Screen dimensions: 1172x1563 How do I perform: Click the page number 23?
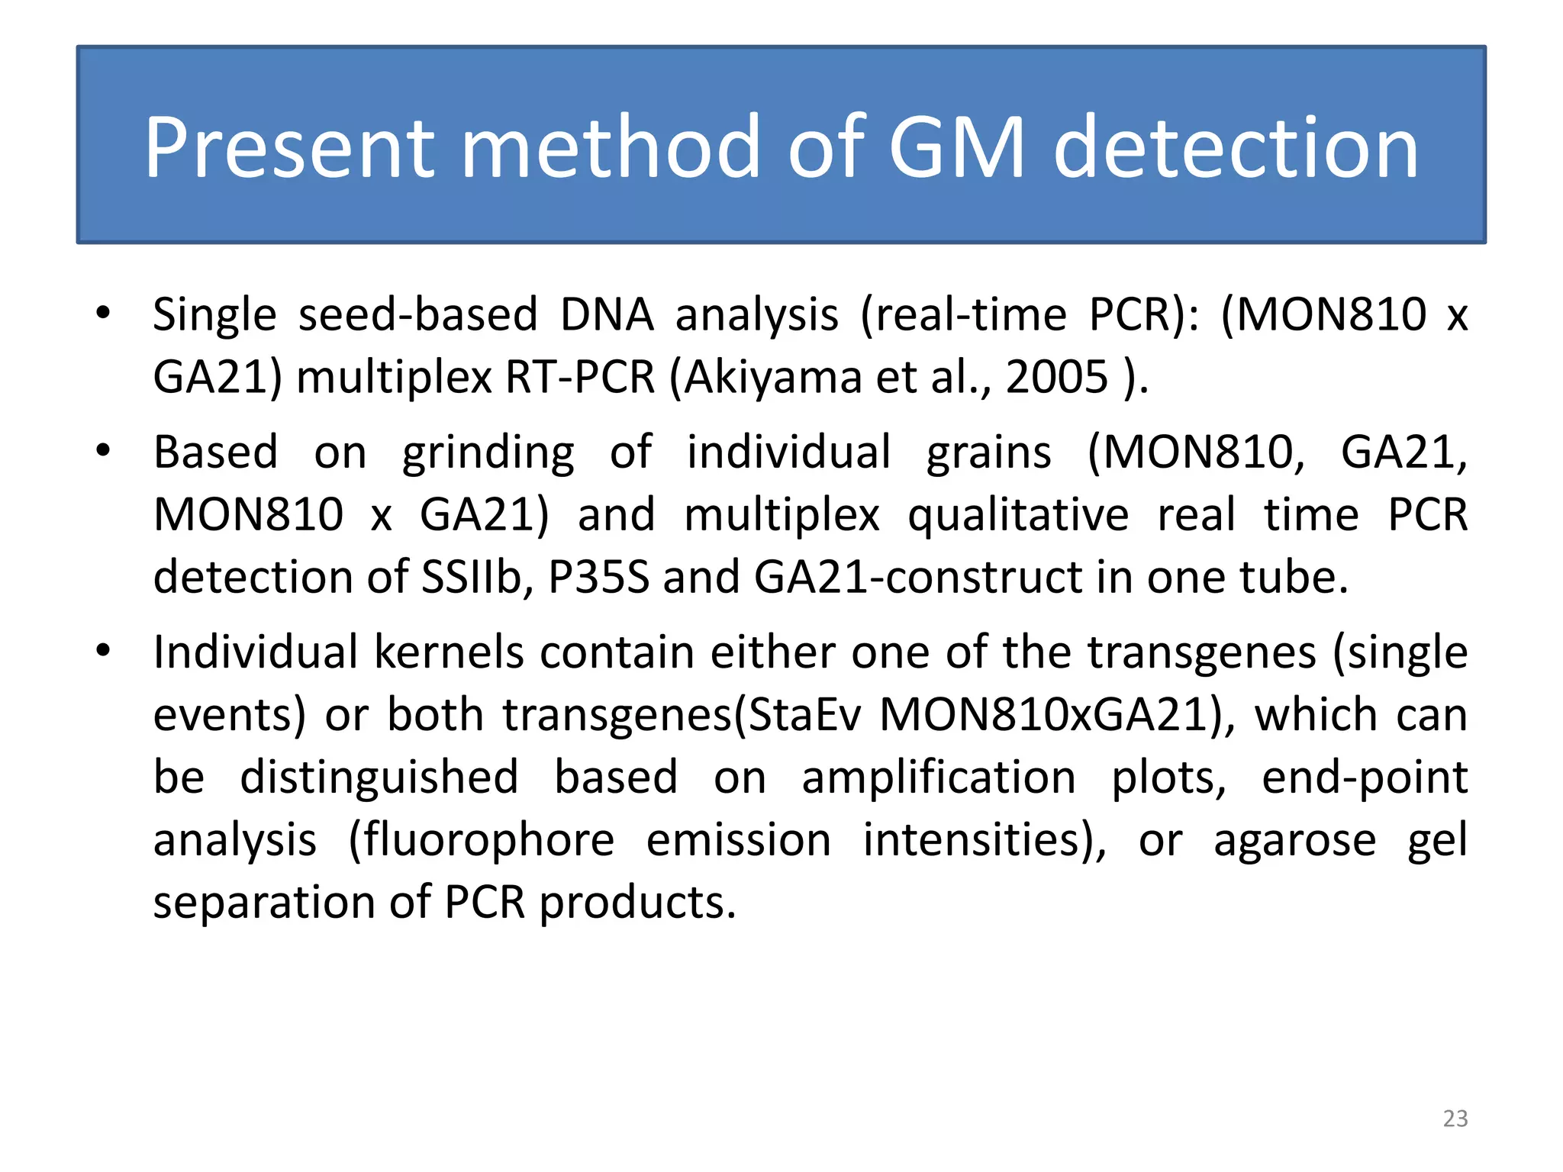[1455, 1119]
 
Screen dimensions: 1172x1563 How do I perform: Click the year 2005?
[1056, 377]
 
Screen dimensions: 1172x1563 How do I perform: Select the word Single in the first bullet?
[214, 315]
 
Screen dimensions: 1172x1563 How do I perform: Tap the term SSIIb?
[476, 577]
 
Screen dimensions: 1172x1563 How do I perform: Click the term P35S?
[598, 577]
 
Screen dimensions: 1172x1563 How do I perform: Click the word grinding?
[488, 453]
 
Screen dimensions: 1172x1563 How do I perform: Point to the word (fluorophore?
[481, 840]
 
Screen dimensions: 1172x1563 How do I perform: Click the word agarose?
[1294, 840]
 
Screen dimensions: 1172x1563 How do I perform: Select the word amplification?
[939, 778]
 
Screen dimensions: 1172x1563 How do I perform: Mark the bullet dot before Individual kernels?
[104, 651]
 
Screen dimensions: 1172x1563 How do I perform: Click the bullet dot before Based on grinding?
[104, 450]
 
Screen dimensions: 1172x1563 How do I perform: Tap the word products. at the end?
[637, 903]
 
